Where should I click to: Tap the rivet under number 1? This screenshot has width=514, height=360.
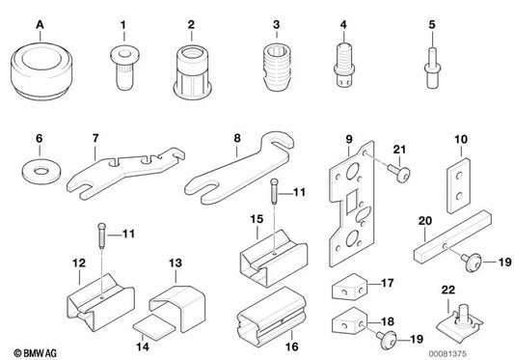pyautogui.click(x=123, y=68)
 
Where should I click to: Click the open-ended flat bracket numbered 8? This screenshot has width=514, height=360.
pyautogui.click(x=240, y=177)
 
